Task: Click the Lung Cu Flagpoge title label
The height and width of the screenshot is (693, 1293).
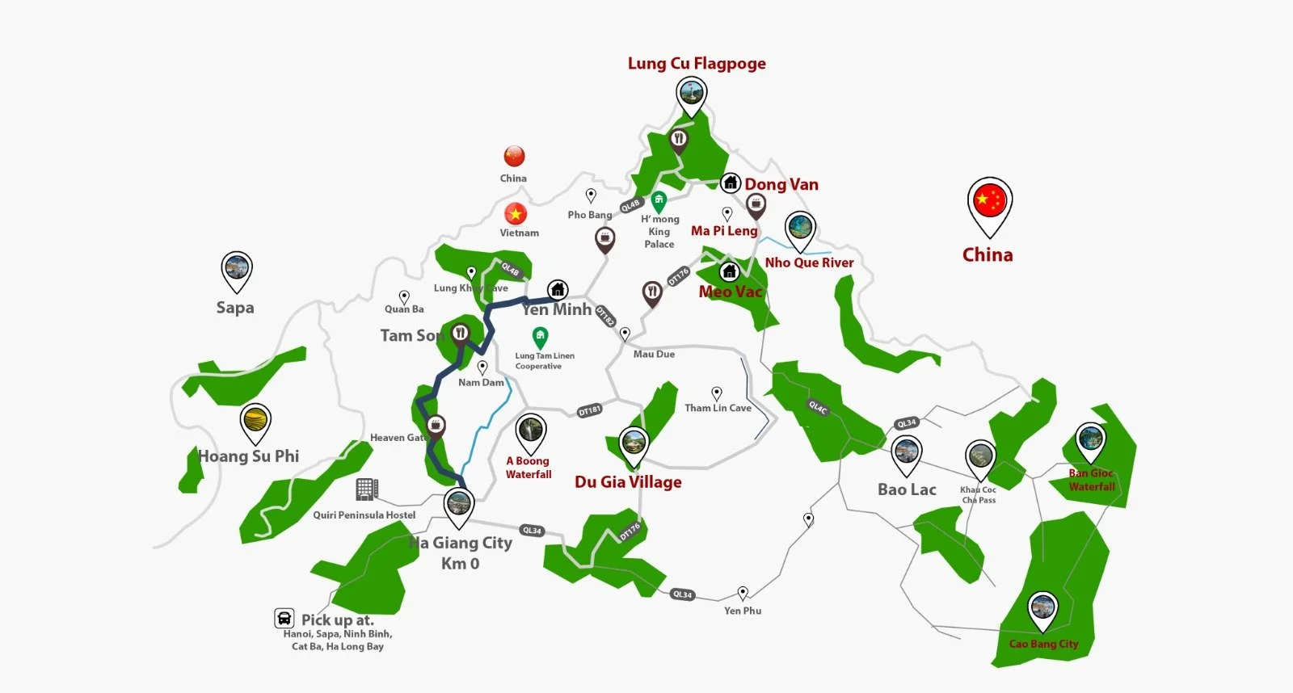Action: coord(697,64)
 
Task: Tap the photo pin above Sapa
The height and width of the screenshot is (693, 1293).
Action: coord(237,269)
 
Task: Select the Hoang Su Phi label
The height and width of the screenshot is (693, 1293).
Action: coord(249,456)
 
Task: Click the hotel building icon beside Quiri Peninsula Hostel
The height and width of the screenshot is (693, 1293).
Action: coord(367,489)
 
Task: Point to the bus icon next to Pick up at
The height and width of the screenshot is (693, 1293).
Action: coord(284,619)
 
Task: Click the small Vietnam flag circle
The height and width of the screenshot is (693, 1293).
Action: coord(516,213)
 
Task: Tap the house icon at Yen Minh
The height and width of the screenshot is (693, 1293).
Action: coord(558,289)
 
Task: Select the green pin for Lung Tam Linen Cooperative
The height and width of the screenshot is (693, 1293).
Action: coord(540,336)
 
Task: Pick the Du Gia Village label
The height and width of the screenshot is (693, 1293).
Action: coord(628,482)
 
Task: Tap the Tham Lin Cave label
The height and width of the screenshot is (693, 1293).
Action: coord(718,408)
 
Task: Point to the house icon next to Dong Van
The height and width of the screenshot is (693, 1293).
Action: coord(731,183)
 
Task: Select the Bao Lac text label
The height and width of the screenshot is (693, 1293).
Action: coord(907,489)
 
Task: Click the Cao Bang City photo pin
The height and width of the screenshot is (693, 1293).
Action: coord(1042,609)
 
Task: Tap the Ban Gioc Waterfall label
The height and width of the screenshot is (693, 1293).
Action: coord(1091,480)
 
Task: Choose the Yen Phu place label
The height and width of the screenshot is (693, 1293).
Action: coord(743,611)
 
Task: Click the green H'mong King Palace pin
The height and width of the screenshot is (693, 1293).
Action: coord(659,200)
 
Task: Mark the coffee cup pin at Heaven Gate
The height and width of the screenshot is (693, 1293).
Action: coord(436,425)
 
